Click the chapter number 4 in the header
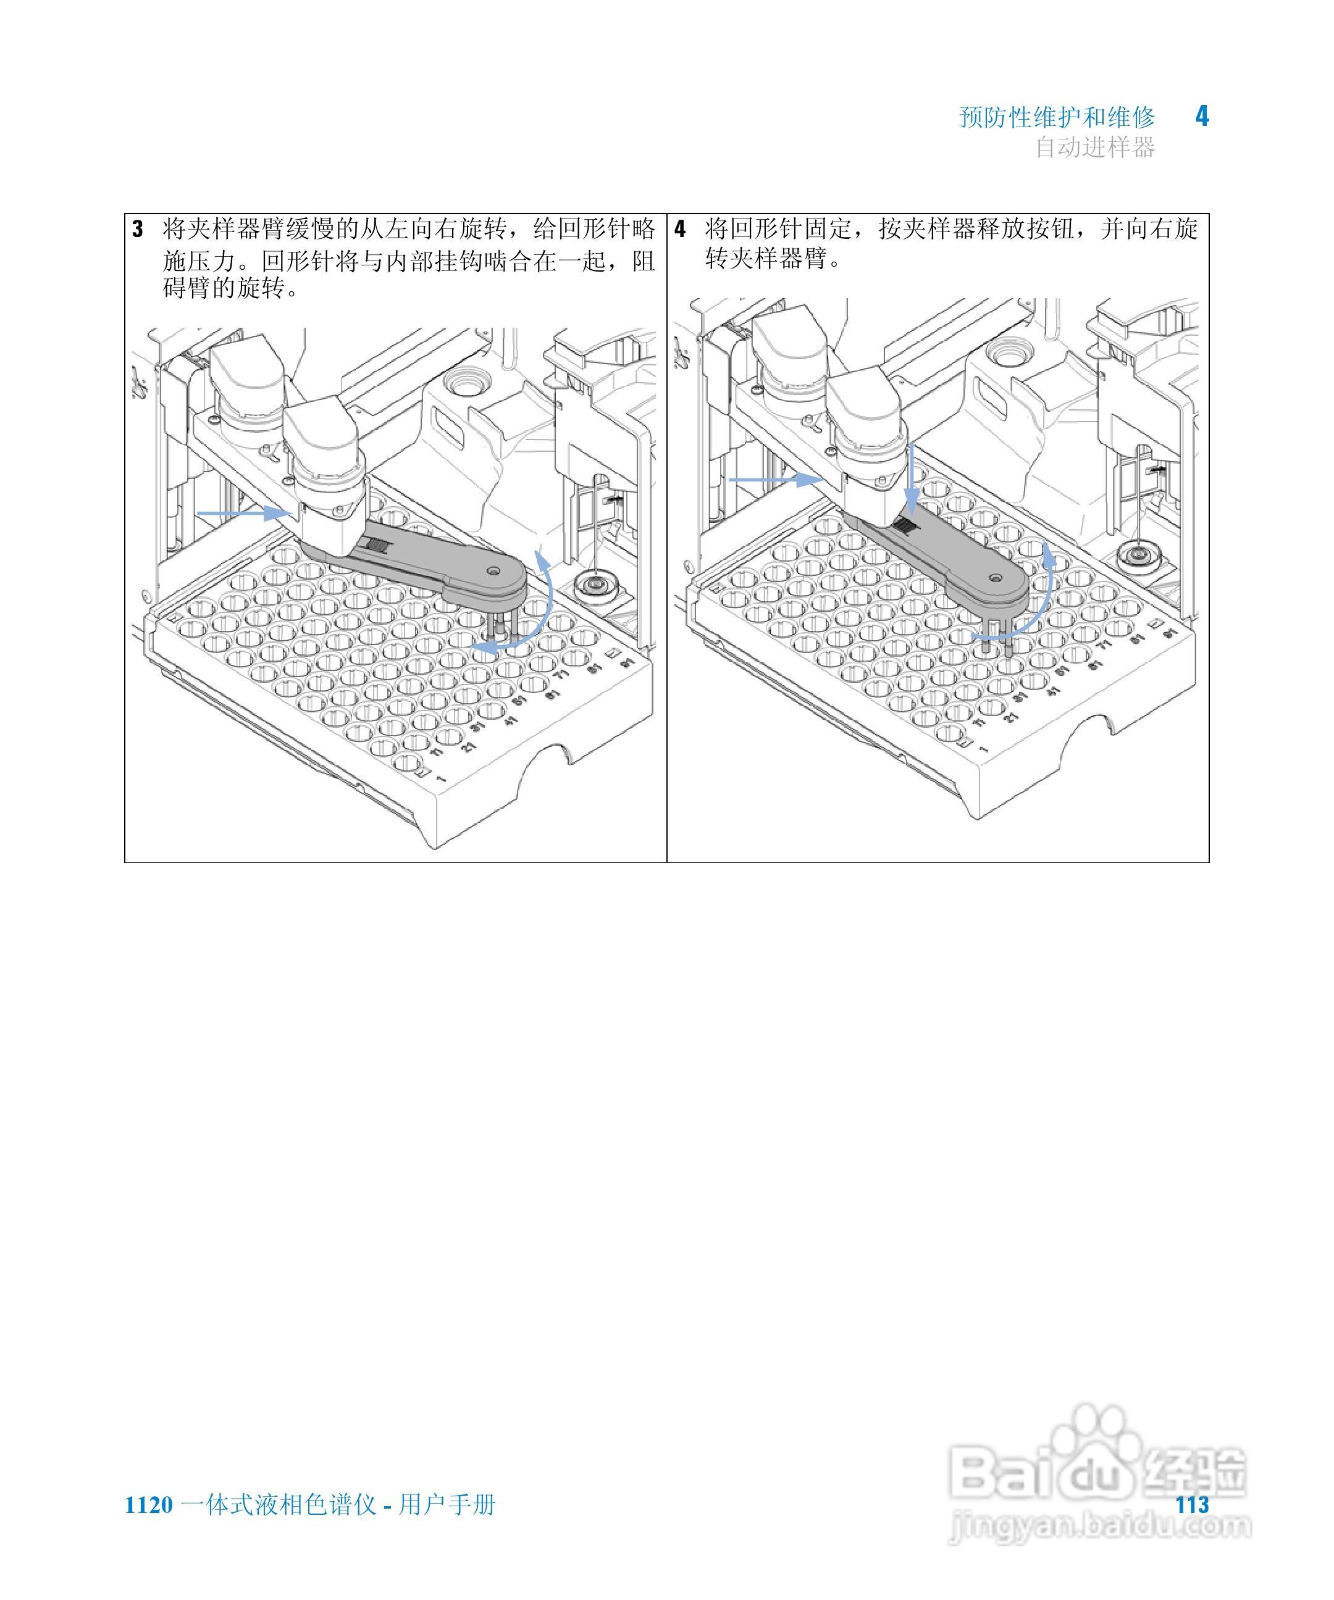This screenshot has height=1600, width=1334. tap(1201, 116)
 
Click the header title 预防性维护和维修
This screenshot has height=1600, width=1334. tap(1057, 117)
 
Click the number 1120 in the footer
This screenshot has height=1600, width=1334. tap(149, 1505)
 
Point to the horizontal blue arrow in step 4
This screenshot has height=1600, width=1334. tap(774, 479)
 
